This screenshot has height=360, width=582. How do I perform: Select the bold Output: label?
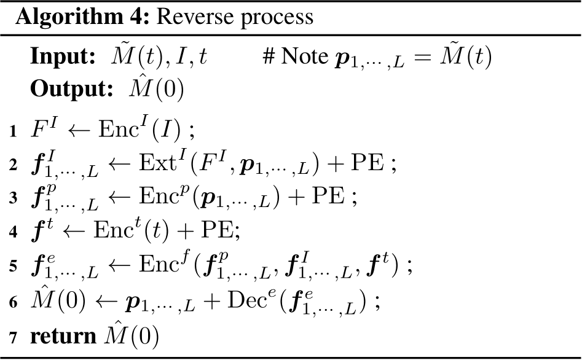point(72,89)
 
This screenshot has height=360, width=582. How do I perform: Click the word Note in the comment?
point(305,56)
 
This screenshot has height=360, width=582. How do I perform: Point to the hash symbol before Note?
point(269,57)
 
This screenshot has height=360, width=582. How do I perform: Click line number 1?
point(14,131)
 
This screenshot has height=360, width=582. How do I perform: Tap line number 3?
point(14,198)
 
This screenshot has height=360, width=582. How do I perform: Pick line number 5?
point(14,266)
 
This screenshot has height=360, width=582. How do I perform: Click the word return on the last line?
point(63,336)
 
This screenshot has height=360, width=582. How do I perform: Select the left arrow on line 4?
point(74,231)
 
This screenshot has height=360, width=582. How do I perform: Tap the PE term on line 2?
point(368,163)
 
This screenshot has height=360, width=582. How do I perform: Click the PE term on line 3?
point(328,196)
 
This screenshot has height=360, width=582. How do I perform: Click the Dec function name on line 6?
point(247,300)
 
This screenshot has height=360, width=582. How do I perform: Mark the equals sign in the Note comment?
point(422,57)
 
